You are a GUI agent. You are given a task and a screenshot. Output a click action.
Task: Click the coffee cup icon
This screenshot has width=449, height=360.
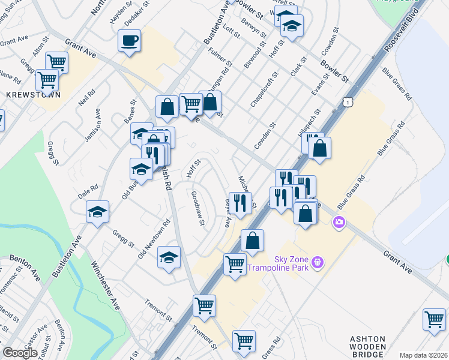(x=130, y=41)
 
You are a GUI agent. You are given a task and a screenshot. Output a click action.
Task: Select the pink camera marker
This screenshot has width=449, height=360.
(x=340, y=223)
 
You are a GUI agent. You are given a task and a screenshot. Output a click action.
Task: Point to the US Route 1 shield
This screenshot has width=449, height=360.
(x=348, y=103)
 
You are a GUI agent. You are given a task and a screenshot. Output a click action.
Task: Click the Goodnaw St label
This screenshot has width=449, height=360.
(x=198, y=209)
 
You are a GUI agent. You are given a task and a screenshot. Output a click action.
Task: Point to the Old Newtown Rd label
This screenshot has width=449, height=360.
(x=154, y=239)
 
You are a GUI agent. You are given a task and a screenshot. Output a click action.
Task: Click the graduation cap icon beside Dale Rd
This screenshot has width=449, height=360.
(x=97, y=212)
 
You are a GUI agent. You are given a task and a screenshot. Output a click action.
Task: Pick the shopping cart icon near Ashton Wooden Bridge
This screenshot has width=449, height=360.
(x=434, y=319)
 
